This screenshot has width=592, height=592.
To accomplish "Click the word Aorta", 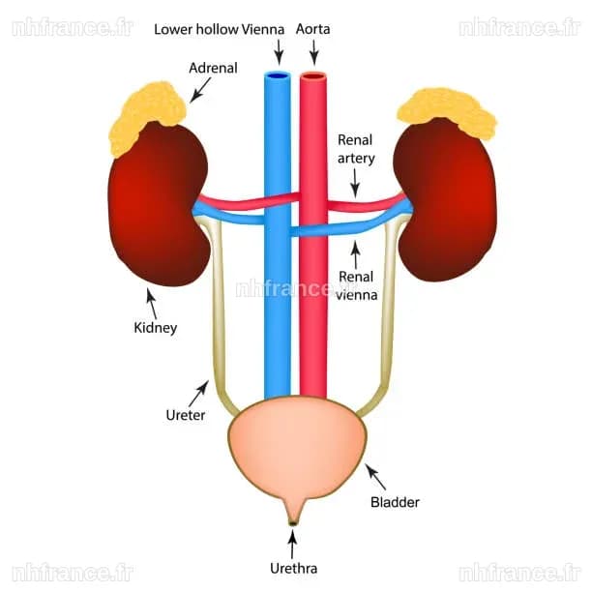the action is pos(312,29).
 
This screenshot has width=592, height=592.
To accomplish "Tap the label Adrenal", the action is pos(214,69).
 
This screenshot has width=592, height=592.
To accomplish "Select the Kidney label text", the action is pos(155,328).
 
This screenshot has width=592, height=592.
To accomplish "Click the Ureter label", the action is pos(186,415).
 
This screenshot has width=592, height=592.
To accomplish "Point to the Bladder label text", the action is pos(395,502).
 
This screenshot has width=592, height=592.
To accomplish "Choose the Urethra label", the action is pos(293,569).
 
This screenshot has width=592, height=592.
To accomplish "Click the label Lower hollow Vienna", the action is pos(219,29).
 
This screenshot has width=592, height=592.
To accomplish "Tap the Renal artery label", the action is pos(356,149).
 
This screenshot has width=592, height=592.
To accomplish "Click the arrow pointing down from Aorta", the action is pos(314,52).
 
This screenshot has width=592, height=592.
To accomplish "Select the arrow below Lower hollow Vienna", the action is pos(279,52).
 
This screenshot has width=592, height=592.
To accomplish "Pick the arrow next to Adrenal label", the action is pos(200,90).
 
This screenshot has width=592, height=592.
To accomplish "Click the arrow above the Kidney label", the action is pos(152,304).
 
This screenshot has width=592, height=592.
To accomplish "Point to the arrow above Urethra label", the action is pos(292,544).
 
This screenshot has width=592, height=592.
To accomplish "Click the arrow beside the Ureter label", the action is pos(198,394).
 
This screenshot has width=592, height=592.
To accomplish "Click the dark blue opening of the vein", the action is pos(277,75).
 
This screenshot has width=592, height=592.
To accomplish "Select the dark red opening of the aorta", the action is pos(313,76).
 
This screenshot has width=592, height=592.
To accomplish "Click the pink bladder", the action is pos(297,449).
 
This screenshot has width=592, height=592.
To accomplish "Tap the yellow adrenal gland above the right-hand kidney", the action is pos(448,110).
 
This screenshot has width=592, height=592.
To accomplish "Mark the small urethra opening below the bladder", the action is pos(293,523).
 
